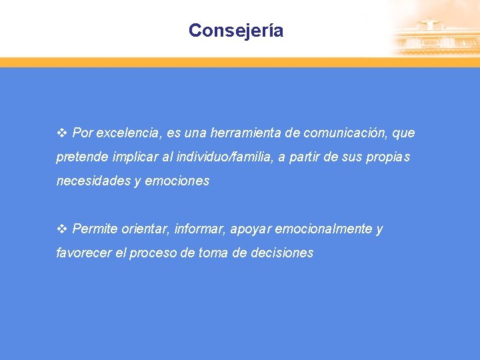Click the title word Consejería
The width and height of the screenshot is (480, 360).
coord(236,31)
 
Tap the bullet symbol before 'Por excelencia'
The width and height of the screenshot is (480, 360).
coord(62,133)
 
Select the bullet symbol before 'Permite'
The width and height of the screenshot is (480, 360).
coord(62,229)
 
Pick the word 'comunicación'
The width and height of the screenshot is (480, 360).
coord(345,133)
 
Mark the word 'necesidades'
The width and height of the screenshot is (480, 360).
coord(93,181)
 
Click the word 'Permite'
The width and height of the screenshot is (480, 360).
coord(94,229)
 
